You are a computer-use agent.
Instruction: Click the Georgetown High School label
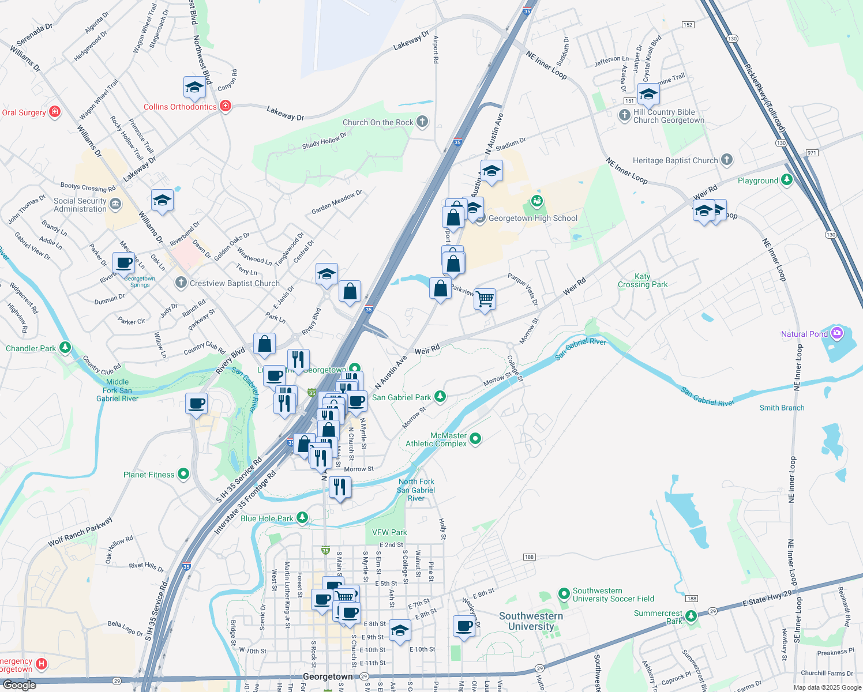532,218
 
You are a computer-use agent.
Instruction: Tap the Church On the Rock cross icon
422,122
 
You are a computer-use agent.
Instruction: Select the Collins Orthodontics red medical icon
226,106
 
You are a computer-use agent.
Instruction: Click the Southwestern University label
531,621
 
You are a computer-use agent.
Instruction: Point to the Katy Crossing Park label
642,280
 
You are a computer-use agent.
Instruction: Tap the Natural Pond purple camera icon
837,333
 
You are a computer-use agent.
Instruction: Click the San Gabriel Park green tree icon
440,397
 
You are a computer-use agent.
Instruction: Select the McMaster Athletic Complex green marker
475,439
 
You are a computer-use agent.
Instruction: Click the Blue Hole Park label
267,518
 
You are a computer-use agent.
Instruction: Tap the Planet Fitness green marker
183,474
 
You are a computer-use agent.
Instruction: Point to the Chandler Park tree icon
65,348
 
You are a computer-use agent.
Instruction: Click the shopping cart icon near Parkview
485,299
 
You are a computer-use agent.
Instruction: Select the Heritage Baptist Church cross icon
727,160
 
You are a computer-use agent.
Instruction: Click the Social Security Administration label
80,205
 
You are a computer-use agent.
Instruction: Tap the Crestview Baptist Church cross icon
181,283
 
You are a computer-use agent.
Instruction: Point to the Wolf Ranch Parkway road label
80,531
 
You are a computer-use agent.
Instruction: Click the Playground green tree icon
786,180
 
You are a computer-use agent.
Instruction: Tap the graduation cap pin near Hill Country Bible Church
648,93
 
